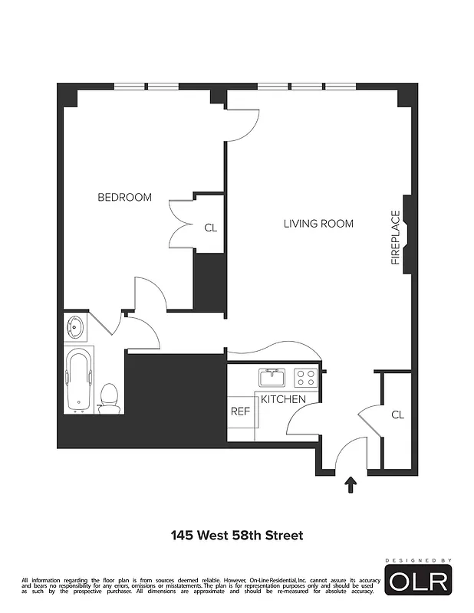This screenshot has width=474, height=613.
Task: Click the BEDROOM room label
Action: pyautogui.click(x=124, y=198)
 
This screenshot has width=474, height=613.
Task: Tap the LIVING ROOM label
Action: pyautogui.click(x=318, y=224)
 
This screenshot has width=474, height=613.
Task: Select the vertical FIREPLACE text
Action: pyautogui.click(x=396, y=238)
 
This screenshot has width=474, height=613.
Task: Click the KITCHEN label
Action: pyautogui.click(x=283, y=399)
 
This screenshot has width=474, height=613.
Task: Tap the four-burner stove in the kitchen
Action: pyautogui.click(x=306, y=378)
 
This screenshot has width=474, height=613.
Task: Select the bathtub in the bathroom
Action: pyautogui.click(x=79, y=381)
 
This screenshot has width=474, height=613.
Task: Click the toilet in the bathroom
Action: pyautogui.click(x=110, y=398)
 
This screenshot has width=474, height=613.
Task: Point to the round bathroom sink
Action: pyautogui.click(x=76, y=327)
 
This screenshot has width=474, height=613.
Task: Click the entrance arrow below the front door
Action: pyautogui.click(x=351, y=484)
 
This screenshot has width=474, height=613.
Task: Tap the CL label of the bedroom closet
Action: pyautogui.click(x=210, y=228)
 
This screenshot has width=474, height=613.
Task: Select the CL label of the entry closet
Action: pyautogui.click(x=397, y=415)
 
